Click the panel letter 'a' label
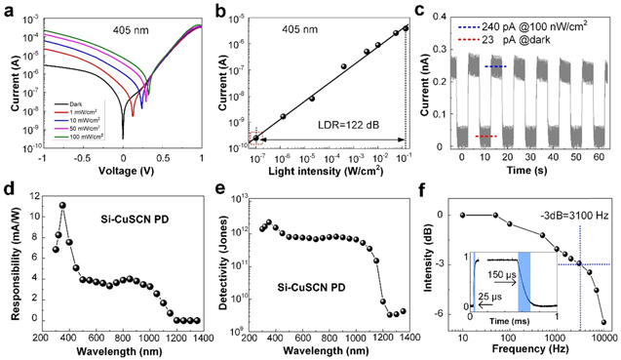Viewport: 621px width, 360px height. (9, 10)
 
